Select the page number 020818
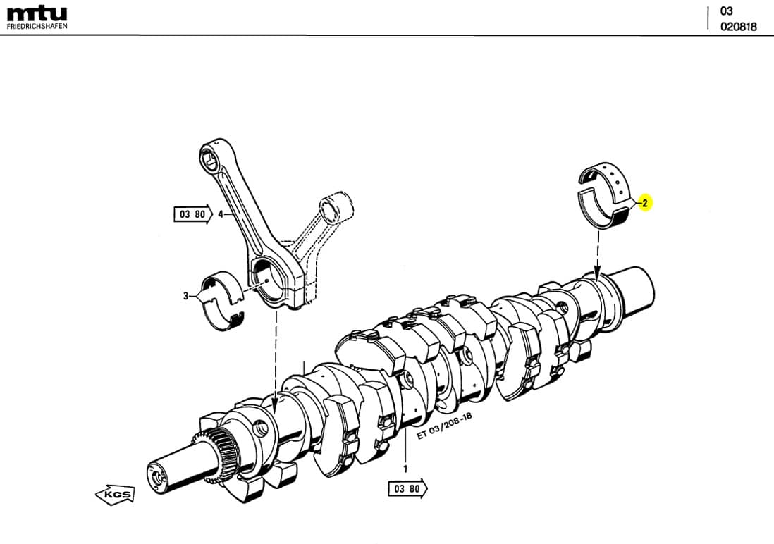738,27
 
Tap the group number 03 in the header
726,11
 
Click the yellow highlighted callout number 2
645,203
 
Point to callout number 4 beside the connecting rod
221,214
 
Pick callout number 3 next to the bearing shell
186,296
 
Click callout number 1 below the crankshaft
405,467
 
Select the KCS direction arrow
114,495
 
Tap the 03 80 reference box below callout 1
407,488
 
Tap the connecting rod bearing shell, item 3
223,300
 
